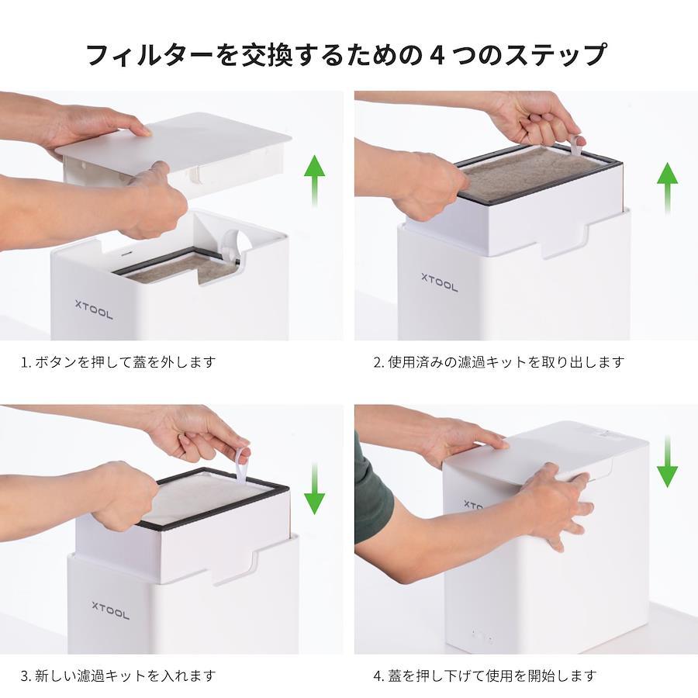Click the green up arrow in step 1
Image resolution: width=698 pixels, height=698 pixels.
pos(314,180)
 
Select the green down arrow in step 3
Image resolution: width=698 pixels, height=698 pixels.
pos(314,489)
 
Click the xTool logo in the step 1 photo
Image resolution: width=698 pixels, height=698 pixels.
pos(94,309)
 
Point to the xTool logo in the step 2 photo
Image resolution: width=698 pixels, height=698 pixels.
pos(440,282)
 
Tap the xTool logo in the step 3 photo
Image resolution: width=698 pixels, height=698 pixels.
pos(110,611)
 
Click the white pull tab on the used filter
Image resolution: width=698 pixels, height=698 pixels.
pos(577,147)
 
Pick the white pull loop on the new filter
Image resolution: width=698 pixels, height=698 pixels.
pos(242,465)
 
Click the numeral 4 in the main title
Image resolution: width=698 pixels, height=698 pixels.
pos(437,55)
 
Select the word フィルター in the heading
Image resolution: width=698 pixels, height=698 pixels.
pos(149,55)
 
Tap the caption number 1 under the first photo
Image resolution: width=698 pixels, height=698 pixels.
pos(23,362)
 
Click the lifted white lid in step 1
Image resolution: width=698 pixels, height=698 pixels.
pos(174,147)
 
